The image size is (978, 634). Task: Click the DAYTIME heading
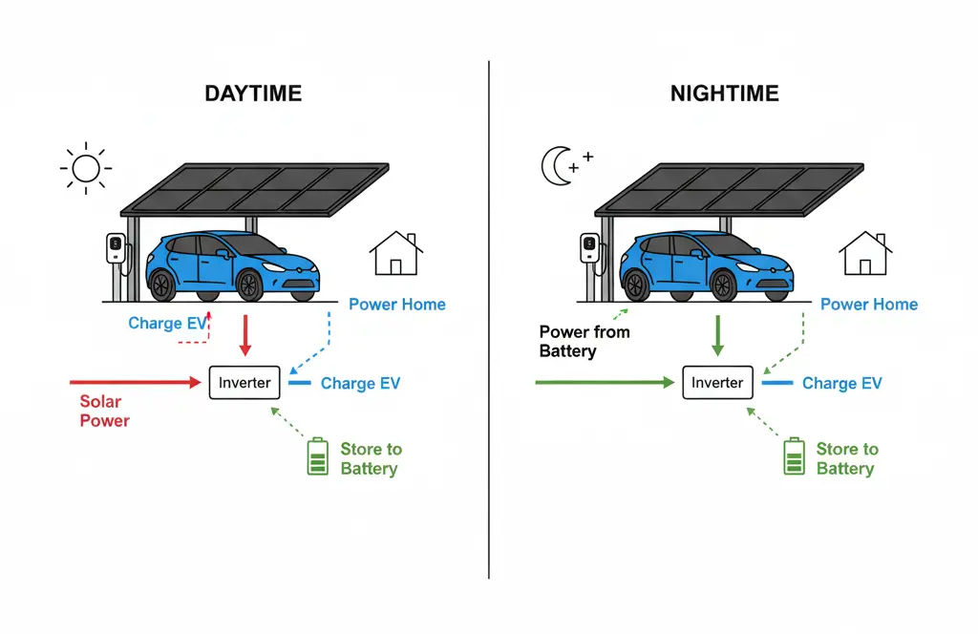pos(253,94)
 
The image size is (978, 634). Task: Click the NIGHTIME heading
pos(724,94)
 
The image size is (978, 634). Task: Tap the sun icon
pos(86,168)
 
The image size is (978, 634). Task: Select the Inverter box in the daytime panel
pos(244,383)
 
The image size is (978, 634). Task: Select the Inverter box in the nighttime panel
pos(717,383)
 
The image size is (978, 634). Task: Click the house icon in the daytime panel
pos(396,253)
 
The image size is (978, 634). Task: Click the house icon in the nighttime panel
pos(865,253)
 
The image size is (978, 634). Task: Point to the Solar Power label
pos(104,411)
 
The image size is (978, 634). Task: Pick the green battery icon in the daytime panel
pos(317,456)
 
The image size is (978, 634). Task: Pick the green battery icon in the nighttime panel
pos(793,456)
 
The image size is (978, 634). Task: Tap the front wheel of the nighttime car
pos(723,285)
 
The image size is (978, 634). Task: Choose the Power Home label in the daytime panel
pos(396,305)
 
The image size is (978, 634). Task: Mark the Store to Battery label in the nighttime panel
pos(846,458)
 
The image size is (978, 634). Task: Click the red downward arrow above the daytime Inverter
pos(244,334)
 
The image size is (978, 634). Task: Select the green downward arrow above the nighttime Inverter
pos(717,334)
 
